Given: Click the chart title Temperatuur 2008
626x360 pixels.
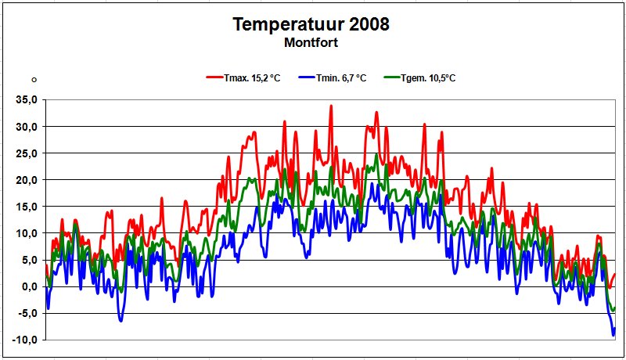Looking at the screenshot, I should [x=311, y=24].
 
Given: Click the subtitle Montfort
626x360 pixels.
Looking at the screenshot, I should [x=311, y=43].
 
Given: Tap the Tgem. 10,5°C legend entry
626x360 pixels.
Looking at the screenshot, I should [x=428, y=78].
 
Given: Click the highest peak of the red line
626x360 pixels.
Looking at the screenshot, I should [x=331, y=106].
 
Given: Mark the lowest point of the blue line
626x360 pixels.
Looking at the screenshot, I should [x=613, y=335].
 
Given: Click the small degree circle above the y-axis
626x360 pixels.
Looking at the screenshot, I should [x=34, y=80].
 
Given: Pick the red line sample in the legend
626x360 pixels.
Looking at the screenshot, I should [x=214, y=78].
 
